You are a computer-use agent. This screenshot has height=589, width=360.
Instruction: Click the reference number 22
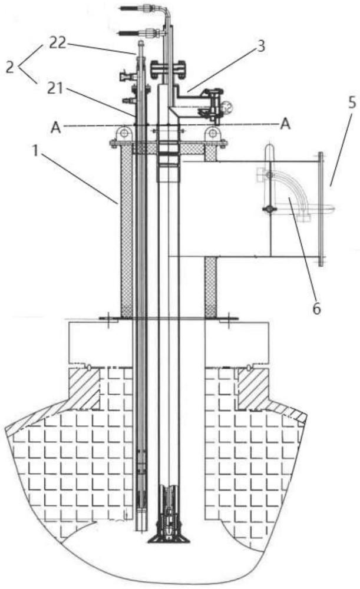[58, 44]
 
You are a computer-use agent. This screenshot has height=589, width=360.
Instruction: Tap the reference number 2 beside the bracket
[11, 67]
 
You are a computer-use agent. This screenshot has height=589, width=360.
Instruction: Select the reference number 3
[260, 46]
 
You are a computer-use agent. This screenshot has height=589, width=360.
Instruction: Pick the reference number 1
[35, 151]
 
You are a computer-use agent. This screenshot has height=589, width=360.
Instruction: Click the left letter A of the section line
[55, 128]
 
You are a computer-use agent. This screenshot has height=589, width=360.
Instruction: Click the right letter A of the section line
[285, 123]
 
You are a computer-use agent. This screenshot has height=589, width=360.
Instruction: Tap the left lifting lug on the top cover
[123, 133]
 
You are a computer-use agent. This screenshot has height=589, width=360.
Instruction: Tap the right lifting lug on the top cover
[212, 133]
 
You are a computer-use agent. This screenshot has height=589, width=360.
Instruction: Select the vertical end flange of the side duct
[321, 209]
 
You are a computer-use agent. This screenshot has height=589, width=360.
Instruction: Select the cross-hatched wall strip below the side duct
[210, 286]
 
